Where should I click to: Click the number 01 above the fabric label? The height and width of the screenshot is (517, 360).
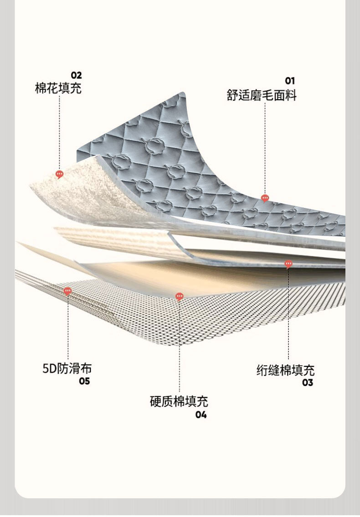coord(290,81)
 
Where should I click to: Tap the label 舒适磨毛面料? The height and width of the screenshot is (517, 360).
coord(262,95)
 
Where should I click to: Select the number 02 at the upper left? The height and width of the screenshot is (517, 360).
coord(76,76)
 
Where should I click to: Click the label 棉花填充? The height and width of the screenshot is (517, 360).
coord(58,88)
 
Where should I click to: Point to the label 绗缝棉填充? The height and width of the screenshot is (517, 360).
coord(285,370)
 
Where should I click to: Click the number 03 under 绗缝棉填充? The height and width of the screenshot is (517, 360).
coord(308,383)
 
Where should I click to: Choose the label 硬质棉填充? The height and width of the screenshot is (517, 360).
coord(179,402)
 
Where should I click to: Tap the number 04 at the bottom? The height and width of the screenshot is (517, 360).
coord(201,414)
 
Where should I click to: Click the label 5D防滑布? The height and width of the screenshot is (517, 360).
coord(67,368)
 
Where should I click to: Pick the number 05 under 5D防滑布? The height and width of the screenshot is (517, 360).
coord(84,381)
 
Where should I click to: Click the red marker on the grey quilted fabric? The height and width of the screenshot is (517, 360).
coord(265,198)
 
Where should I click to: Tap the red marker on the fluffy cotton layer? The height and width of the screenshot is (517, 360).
coord(59,174)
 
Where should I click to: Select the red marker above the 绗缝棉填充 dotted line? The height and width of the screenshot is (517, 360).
coord(288,264)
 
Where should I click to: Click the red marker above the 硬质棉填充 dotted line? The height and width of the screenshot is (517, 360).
coord(179,297)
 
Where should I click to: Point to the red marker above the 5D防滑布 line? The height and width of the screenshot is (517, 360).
coord(67,291)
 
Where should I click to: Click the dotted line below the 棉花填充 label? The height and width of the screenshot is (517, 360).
coord(59,132)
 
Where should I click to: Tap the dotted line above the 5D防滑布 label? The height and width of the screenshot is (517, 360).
coord(68,328)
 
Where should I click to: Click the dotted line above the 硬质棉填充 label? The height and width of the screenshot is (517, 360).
coord(179,346)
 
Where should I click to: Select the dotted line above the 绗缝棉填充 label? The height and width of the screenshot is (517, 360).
coord(288,315)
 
